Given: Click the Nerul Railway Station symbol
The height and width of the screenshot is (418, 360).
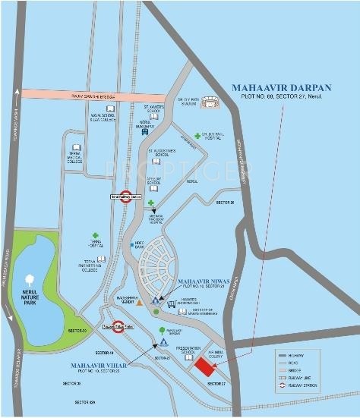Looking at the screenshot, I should [x=127, y=195].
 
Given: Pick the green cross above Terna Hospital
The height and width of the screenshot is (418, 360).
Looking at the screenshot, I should [x=95, y=236].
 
